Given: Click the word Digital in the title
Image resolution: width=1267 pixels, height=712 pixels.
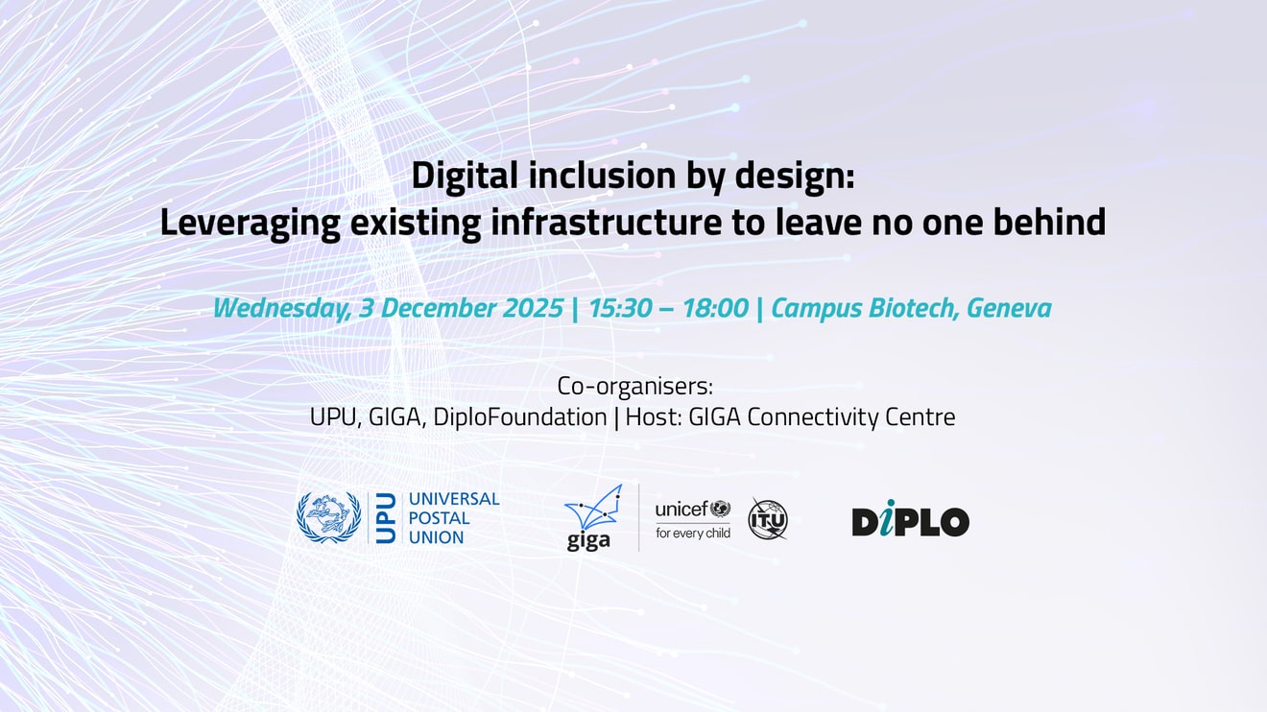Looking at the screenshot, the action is pos(465,176).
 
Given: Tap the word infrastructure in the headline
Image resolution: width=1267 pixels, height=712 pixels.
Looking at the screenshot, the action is pos(606,222).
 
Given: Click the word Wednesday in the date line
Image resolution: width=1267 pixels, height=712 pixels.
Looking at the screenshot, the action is pos(281,309).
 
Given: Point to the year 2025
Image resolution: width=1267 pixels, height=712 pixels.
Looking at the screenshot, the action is pos(533,308).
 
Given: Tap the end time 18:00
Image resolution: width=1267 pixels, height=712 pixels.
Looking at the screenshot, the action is pos(715,308).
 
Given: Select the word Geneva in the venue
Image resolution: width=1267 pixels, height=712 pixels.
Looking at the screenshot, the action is pos(1009,308).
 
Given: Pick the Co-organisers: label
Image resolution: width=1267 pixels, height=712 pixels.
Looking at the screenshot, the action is pos(635,387).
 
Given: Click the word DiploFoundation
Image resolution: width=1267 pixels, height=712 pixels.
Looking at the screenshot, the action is pos(520,417).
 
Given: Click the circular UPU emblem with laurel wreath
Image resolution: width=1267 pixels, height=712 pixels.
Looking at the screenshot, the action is pos(328,517).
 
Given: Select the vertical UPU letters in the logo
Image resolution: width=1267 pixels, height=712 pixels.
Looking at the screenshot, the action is pos(386,518).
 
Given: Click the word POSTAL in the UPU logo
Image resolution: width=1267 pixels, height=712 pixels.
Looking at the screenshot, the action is pos(439,518).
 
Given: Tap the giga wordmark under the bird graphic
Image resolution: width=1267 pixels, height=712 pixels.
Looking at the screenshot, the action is pos(588,540).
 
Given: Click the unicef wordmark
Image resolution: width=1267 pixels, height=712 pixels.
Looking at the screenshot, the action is pos(681,510).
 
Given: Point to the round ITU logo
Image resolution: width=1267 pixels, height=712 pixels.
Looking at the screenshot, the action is pos(768,518).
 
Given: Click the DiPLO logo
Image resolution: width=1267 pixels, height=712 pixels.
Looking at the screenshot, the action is pos(911,518).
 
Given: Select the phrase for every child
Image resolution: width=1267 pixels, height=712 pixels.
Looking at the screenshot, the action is pos(693,533).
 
